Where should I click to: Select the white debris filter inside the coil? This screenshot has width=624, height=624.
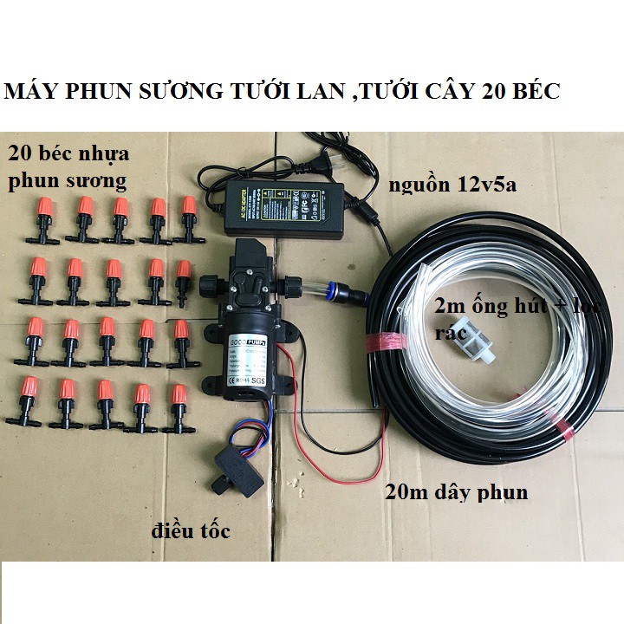(x=458, y=347)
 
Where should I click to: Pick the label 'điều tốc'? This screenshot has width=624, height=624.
(x=191, y=531)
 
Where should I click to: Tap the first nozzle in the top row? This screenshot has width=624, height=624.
(x=42, y=219)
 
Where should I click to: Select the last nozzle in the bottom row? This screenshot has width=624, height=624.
(x=179, y=408)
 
